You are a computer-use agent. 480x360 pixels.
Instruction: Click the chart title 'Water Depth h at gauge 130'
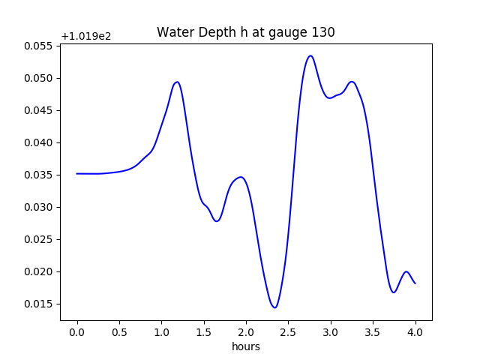[245, 32]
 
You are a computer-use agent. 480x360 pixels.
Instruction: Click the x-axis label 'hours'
[245, 346]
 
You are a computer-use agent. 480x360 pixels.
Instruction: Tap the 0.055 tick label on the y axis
[40, 46]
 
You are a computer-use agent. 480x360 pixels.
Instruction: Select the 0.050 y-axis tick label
[40, 78]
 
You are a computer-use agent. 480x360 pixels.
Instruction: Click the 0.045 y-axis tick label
[40, 110]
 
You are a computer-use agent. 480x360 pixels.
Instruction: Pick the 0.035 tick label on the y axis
[40, 175]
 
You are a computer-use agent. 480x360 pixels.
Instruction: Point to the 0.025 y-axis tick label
[40, 239]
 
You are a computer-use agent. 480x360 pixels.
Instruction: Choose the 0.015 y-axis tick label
[40, 304]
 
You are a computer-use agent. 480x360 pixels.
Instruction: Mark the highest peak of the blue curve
[310, 55]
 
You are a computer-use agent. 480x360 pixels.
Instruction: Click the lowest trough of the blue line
[275, 307]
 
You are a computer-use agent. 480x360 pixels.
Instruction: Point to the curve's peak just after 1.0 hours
[177, 82]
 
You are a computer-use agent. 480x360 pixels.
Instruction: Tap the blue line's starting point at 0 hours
[77, 173]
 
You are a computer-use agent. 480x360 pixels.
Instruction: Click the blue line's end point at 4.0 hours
[415, 283]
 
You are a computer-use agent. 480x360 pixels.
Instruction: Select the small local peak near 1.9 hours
[240, 177]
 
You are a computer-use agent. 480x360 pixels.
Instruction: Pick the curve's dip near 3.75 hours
[394, 292]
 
